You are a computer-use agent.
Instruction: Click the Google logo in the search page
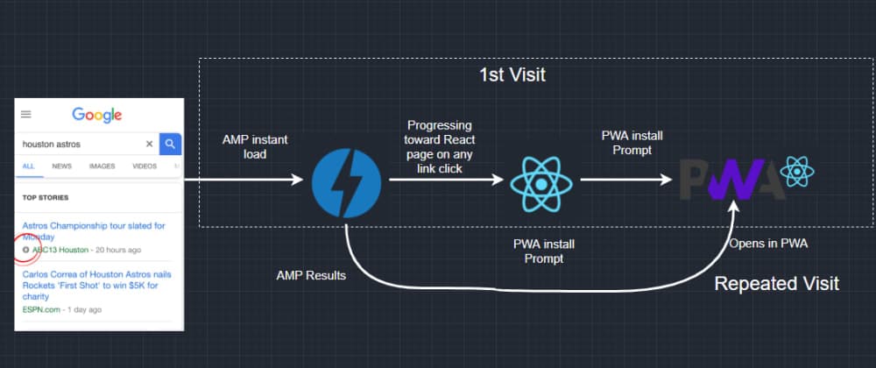[96, 115]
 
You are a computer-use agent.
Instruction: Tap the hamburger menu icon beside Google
[26, 115]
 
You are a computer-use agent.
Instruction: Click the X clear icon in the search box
[149, 144]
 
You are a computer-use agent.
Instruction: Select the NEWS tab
[61, 166]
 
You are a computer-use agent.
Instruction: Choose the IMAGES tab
[102, 166]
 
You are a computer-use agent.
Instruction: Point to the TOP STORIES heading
[46, 197]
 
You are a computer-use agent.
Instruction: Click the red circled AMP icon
[26, 250]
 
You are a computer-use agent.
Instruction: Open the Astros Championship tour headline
[93, 231]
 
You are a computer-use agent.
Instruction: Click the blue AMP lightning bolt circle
[347, 181]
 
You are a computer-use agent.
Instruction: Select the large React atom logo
[541, 181]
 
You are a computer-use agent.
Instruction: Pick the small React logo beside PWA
[796, 173]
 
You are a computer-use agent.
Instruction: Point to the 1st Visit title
[512, 75]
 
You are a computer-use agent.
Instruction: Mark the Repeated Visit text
[777, 284]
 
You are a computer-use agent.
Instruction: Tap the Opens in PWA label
[768, 243]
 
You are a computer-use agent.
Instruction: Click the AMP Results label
[310, 275]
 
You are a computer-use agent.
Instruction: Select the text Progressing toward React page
[438, 146]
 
